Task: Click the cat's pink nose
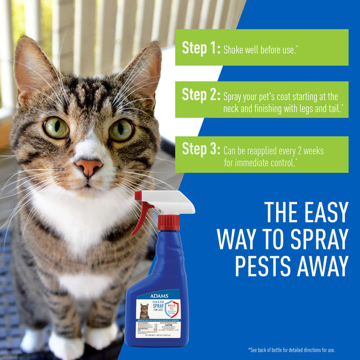click(88, 167)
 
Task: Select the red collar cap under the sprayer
click(168, 223)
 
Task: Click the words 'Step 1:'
click(201, 48)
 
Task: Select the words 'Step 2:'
click(201, 95)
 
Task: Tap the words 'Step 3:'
click(201, 150)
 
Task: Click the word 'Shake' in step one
click(234, 50)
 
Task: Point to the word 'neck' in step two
click(233, 109)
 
